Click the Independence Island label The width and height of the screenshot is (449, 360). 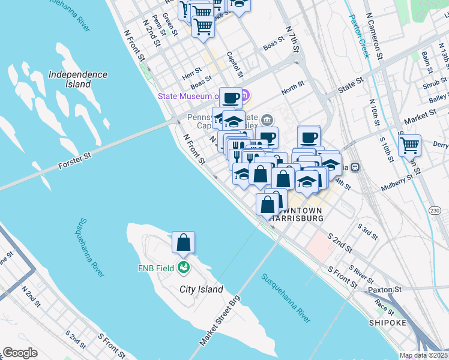coord(78,79)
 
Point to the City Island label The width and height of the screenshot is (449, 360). coord(202,289)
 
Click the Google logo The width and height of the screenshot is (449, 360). coord(20,353)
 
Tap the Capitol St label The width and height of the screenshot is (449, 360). coord(235,64)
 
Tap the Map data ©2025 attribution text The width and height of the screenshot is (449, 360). coord(424,355)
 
